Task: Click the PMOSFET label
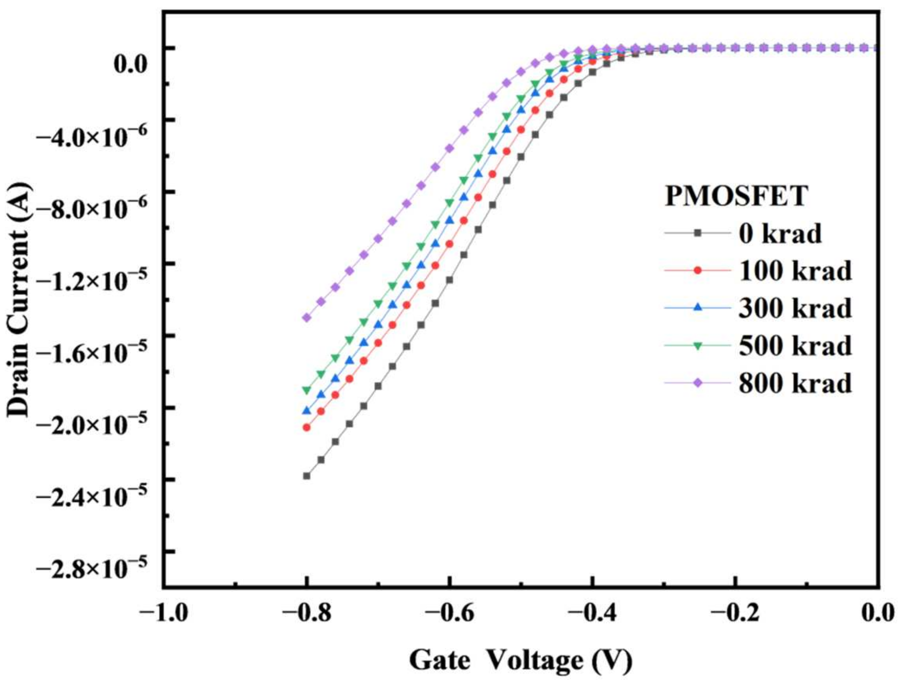pos(736,196)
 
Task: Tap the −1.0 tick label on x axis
pos(164,613)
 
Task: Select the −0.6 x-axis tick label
pos(450,613)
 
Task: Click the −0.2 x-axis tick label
pos(736,613)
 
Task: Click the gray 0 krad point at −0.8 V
pos(306,476)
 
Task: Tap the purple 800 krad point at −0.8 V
pos(306,318)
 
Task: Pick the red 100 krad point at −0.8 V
pos(306,427)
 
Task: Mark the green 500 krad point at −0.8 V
pos(306,390)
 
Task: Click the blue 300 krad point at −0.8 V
pos(306,411)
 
